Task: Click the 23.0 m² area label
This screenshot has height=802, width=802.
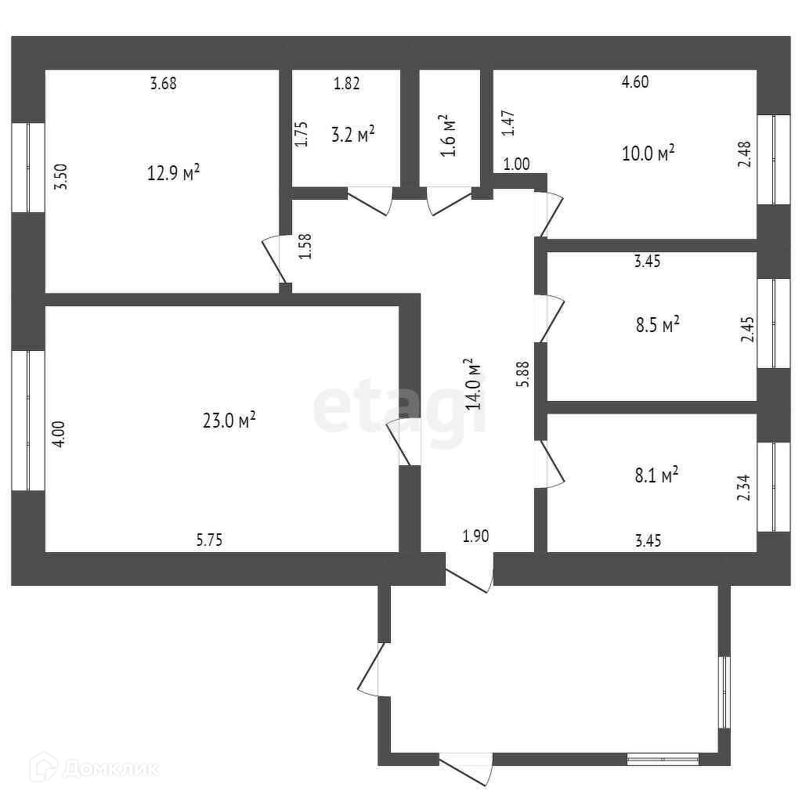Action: (x=229, y=421)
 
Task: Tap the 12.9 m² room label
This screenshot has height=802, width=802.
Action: (x=174, y=172)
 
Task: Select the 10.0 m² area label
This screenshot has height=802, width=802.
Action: (x=648, y=153)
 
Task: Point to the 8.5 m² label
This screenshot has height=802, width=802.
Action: (x=655, y=323)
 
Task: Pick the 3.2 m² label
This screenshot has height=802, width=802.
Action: (x=352, y=135)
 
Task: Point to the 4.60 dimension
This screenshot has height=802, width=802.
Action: (x=634, y=81)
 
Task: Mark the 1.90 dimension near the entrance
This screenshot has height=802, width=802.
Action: (x=475, y=536)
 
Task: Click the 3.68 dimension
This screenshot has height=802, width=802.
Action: (x=163, y=84)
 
